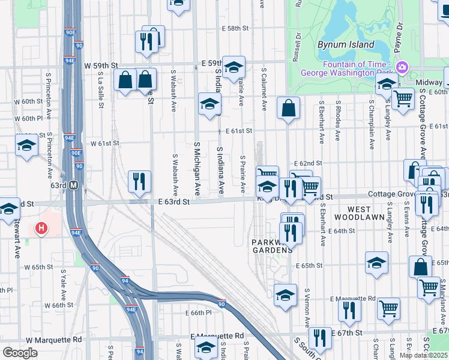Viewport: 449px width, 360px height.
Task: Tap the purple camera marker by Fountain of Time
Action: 402,67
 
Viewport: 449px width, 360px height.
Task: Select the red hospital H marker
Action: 41,228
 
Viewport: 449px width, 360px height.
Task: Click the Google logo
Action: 20,353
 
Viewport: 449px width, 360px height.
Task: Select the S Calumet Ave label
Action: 264,89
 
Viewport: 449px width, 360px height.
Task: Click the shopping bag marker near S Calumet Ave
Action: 289,109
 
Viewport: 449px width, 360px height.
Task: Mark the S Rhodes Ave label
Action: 338,121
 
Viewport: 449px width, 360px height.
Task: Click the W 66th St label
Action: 55,305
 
